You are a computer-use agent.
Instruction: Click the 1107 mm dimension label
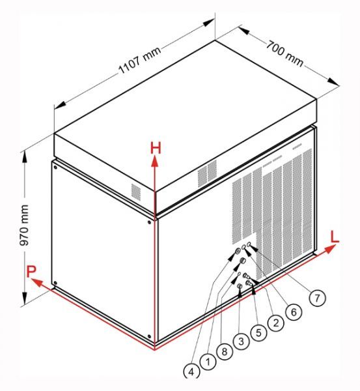pos(140,60)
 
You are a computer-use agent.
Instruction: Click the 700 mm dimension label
pos(285,54)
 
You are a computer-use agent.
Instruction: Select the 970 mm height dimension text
pos(25,225)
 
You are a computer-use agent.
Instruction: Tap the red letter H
pos(156,148)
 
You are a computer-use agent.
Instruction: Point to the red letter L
pos(335,237)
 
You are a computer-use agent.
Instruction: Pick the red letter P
pos(31,272)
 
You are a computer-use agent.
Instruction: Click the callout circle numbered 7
pos(317,298)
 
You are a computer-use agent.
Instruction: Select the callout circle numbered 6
pos(294,311)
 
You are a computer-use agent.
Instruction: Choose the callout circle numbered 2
pos(276,323)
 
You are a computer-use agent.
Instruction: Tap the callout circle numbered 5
pos(258,332)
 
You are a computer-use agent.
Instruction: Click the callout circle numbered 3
pos(241,341)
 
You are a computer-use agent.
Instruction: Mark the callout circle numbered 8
pos(225,352)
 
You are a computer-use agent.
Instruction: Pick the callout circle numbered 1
pos(208,361)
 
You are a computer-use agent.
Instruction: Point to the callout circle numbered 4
pos(191,371)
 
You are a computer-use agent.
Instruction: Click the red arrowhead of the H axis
pos(155,161)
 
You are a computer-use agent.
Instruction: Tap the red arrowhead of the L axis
pos(331,249)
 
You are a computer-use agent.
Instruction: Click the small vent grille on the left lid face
pos(136,192)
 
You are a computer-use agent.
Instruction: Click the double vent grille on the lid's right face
pos(207,173)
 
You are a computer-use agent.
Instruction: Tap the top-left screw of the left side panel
pos(55,167)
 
